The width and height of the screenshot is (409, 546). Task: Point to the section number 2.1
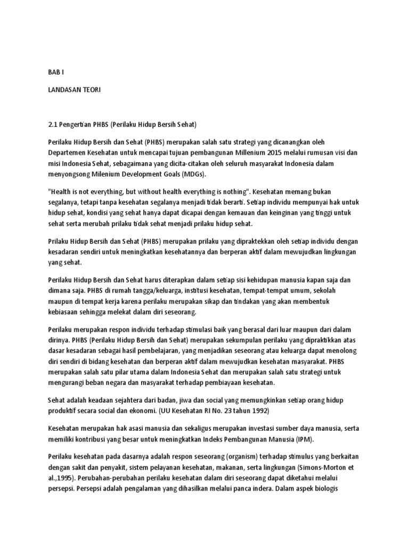(x=52, y=125)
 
